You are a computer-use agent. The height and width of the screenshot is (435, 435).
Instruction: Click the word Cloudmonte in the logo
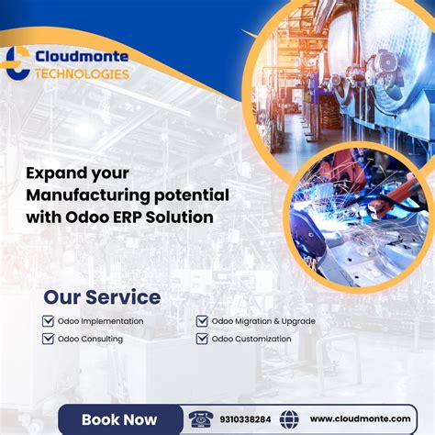82,57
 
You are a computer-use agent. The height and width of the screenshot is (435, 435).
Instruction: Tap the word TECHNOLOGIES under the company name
82,74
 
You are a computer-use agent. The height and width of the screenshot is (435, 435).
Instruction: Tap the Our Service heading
102,297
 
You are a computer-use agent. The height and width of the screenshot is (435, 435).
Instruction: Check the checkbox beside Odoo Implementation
49,321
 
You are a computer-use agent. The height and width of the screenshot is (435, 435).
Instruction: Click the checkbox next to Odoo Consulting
49,339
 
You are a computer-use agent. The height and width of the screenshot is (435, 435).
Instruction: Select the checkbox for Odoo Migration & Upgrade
202,321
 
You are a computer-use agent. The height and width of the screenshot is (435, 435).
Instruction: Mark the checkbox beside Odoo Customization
202,339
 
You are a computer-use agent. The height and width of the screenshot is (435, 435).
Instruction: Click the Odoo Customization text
251,339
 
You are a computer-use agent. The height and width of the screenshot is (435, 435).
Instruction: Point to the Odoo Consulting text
90,339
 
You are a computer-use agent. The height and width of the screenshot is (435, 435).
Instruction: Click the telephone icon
201,419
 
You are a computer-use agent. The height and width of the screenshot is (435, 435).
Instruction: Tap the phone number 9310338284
245,419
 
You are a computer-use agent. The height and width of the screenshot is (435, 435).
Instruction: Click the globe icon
289,419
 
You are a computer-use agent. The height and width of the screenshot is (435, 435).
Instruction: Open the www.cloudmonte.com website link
360,419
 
